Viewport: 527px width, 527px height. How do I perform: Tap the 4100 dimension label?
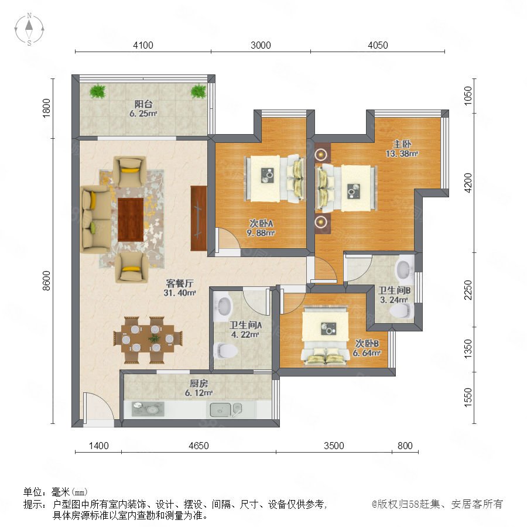(x=143, y=45)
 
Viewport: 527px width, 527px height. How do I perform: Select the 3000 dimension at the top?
(x=261, y=45)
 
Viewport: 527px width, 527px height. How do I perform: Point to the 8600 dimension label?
(x=46, y=280)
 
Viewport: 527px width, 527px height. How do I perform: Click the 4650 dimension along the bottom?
(x=199, y=446)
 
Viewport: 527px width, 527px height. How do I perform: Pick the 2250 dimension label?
(x=468, y=290)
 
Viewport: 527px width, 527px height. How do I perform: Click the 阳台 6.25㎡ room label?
(x=143, y=108)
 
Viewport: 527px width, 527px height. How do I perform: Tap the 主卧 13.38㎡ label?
(x=402, y=149)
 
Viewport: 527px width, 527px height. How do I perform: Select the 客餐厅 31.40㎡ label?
(x=180, y=288)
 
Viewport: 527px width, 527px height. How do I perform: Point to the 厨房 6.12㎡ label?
(x=199, y=388)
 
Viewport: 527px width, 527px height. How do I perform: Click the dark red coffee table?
(x=131, y=220)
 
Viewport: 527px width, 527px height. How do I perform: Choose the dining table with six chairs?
(x=148, y=340)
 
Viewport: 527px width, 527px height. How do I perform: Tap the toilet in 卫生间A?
(x=225, y=350)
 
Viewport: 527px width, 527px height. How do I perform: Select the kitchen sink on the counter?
(x=220, y=410)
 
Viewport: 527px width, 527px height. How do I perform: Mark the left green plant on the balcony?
(x=98, y=91)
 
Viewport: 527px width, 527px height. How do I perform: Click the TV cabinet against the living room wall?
(x=199, y=218)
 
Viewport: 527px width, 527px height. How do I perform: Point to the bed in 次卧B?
(x=324, y=335)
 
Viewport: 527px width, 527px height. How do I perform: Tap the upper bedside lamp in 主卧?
(x=321, y=155)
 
